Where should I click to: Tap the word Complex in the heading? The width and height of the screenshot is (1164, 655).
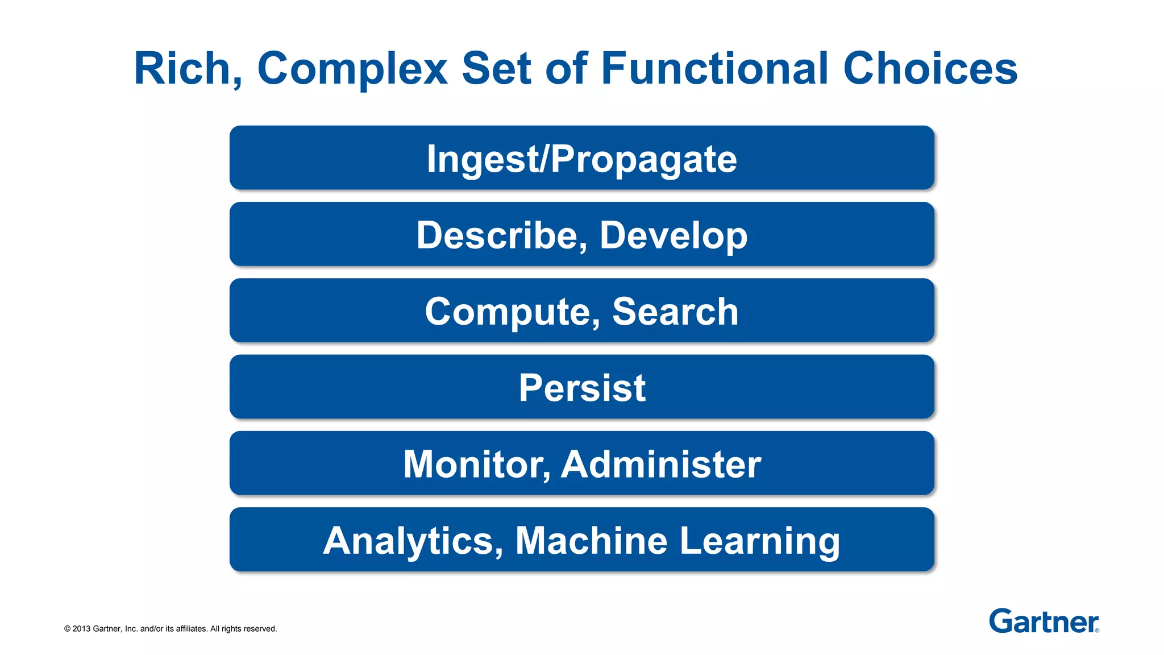click(x=352, y=69)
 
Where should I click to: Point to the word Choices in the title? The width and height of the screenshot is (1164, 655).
click(x=930, y=69)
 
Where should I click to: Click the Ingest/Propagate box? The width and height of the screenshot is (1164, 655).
click(x=581, y=158)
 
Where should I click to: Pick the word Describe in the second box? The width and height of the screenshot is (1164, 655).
click(x=498, y=235)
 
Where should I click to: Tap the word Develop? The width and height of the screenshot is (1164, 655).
click(x=674, y=235)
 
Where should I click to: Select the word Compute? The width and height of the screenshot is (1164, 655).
click(x=508, y=312)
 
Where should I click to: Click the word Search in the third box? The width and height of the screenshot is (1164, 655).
click(x=675, y=312)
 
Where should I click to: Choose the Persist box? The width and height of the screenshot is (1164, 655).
click(x=581, y=388)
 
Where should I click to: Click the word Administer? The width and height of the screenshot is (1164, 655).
click(x=661, y=464)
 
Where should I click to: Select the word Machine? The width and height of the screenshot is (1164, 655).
click(x=591, y=540)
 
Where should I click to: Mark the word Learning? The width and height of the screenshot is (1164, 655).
click(x=760, y=540)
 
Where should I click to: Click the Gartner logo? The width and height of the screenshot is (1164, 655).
click(x=1043, y=621)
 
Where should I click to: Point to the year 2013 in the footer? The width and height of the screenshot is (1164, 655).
click(x=81, y=629)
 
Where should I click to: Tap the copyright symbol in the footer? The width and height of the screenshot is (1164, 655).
click(x=67, y=629)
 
